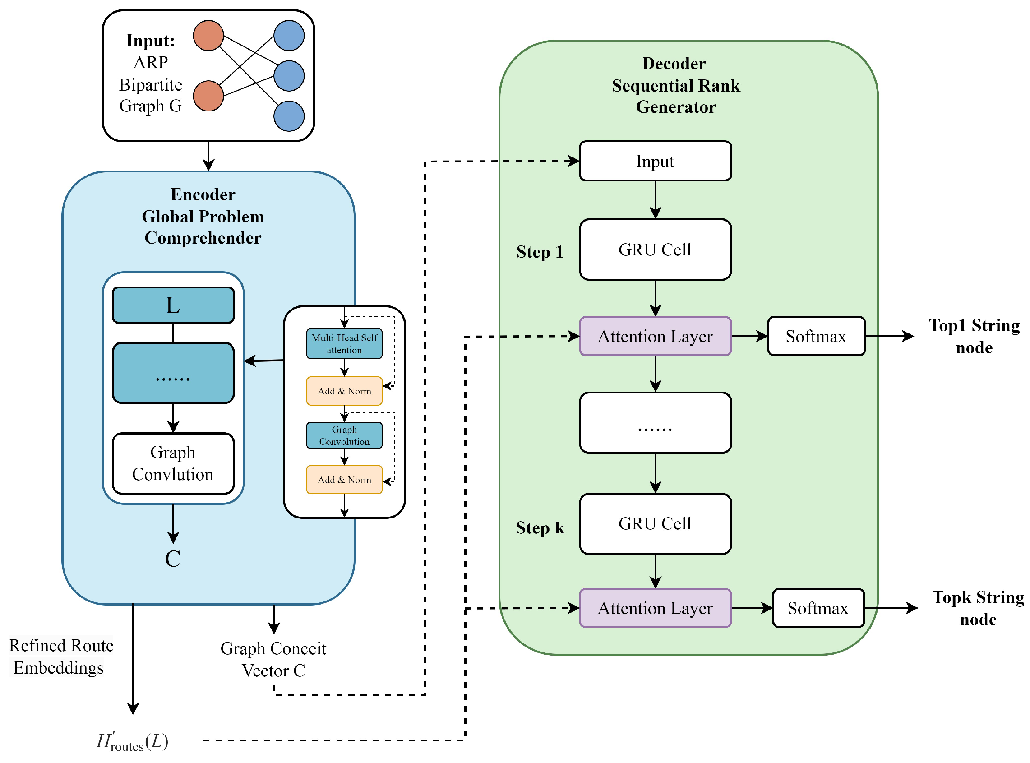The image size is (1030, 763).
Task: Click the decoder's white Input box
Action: click(x=655, y=161)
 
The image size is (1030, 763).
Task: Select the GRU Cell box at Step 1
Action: click(x=655, y=250)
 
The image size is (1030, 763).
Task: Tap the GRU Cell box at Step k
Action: click(x=655, y=523)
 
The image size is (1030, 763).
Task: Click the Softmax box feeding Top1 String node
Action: click(x=815, y=336)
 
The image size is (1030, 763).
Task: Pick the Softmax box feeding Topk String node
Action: click(x=818, y=608)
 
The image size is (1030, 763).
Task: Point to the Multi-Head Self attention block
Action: click(x=344, y=344)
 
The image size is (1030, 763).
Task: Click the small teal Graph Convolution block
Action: click(x=344, y=435)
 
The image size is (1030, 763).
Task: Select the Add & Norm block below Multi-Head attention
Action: click(x=344, y=391)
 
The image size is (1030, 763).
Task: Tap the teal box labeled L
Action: click(x=173, y=305)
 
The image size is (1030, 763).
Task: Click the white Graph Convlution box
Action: click(x=173, y=463)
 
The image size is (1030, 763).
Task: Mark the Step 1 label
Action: click(x=539, y=252)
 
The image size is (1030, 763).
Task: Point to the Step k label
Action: click(x=539, y=527)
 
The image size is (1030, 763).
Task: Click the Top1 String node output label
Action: click(x=974, y=336)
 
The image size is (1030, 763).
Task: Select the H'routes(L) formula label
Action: click(x=133, y=741)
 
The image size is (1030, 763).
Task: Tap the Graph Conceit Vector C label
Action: click(x=273, y=660)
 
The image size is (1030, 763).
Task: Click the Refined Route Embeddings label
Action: click(x=60, y=657)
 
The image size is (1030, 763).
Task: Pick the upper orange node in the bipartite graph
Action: click(x=208, y=36)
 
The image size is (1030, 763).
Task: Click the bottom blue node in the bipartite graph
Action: click(x=289, y=116)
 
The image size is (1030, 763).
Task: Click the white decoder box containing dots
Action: click(x=655, y=423)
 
